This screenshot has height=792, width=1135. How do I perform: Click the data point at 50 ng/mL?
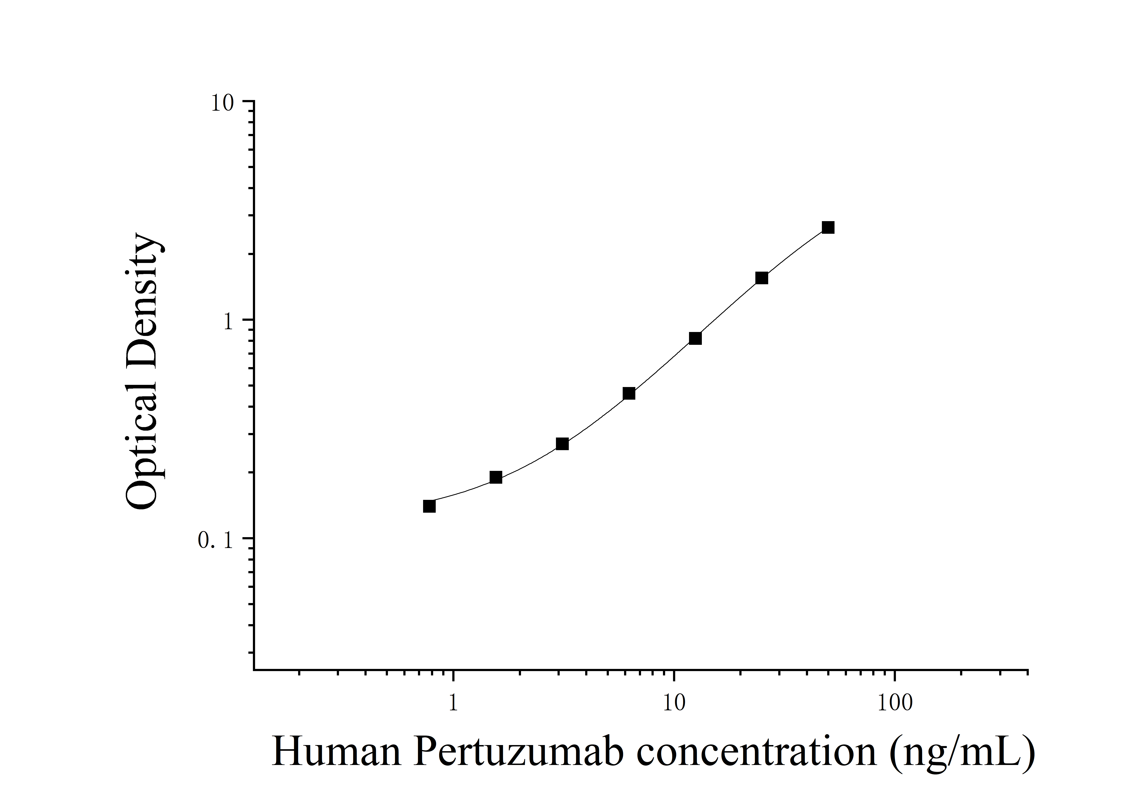coord(828,227)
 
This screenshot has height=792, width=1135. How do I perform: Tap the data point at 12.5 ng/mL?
coord(695,338)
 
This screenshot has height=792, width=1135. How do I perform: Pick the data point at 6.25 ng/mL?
coord(629,393)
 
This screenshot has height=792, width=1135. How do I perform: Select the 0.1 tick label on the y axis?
coord(216,540)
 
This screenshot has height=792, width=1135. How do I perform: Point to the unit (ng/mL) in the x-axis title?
coord(961,754)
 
